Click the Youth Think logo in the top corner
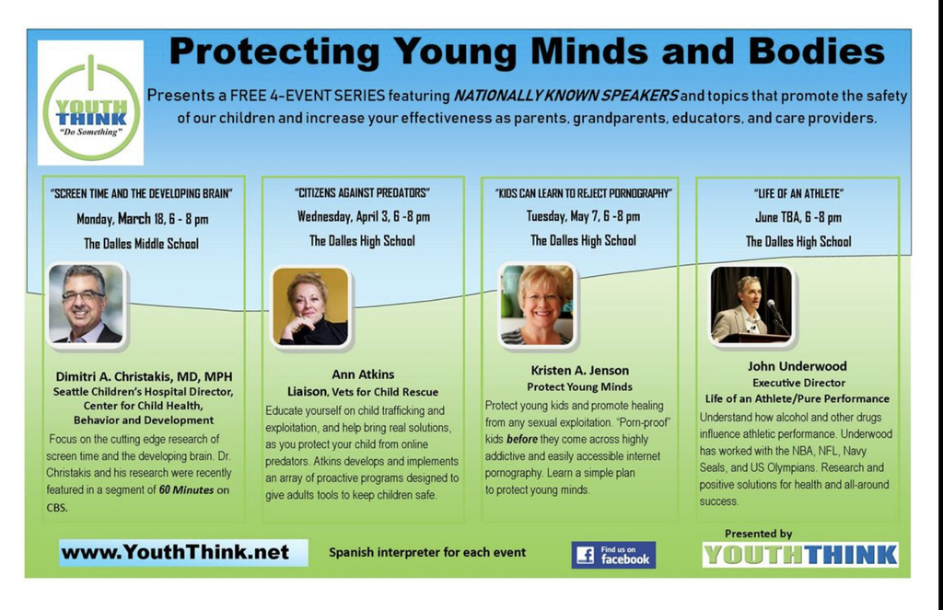coord(90,102)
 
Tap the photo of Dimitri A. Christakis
coord(86,305)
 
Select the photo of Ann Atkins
coord(310,306)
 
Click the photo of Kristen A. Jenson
coord(536,305)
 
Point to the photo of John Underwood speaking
coord(751,305)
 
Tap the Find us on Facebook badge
coord(613,554)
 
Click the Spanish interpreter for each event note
coord(427,552)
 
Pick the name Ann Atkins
coord(363,374)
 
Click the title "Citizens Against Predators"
coord(363,193)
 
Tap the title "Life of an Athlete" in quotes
coord(797,193)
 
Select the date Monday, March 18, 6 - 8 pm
coord(142,219)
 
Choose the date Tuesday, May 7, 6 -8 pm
coord(582,217)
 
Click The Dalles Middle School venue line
coord(141,244)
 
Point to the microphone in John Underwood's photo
coord(773,307)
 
